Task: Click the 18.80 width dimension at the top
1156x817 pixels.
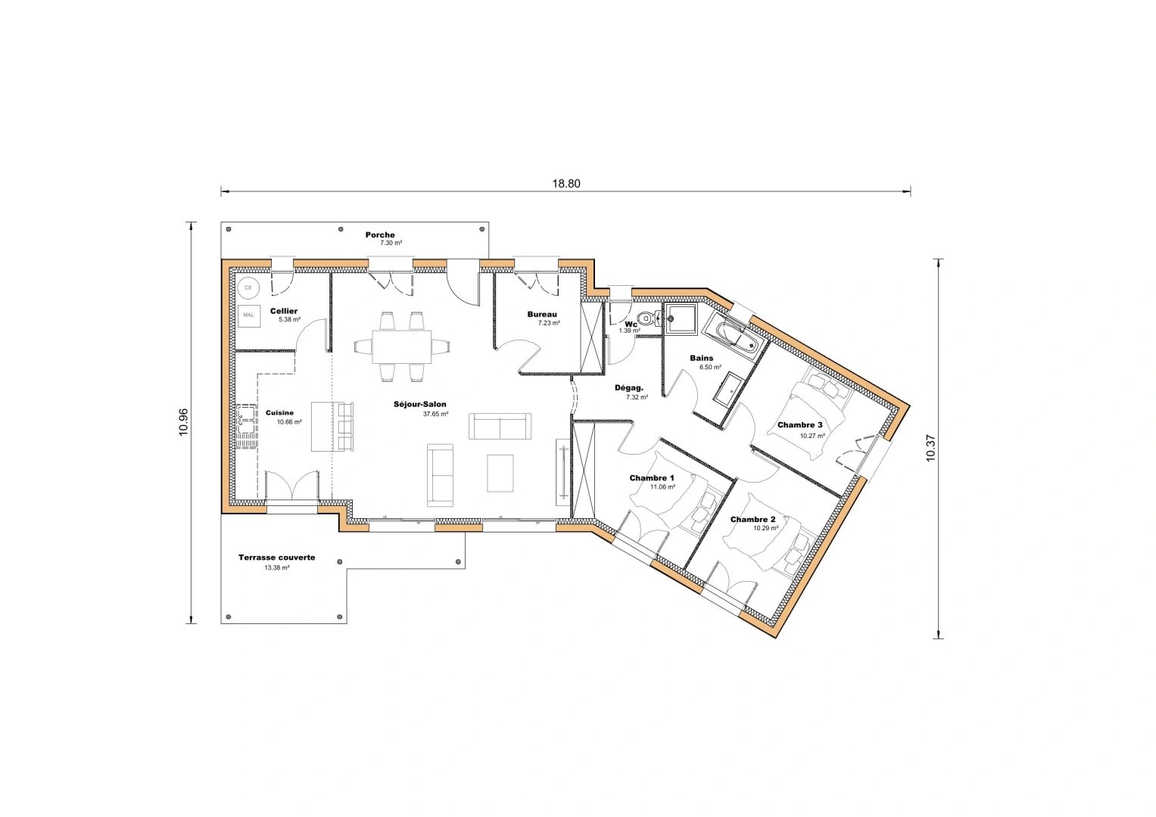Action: click(x=566, y=183)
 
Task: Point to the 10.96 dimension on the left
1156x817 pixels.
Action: click(x=183, y=422)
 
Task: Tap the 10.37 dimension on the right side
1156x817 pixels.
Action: click(x=930, y=448)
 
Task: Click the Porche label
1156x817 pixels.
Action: click(x=380, y=235)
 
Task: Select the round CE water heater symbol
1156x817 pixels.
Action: click(x=248, y=288)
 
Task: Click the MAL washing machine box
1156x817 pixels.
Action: click(x=248, y=315)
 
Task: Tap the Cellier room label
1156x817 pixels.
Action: click(x=284, y=311)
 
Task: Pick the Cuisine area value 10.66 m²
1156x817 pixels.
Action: click(x=289, y=422)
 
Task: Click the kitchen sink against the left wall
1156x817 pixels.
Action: click(x=246, y=418)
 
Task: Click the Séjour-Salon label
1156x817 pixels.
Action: click(x=419, y=404)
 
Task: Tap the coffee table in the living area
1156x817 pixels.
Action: click(x=500, y=473)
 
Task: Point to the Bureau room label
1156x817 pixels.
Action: click(x=542, y=314)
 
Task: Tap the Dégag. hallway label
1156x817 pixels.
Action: click(x=628, y=387)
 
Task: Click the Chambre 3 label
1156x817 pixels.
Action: click(x=799, y=425)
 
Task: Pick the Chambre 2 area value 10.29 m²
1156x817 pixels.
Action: click(x=765, y=529)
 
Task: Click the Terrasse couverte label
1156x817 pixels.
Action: click(x=276, y=558)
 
